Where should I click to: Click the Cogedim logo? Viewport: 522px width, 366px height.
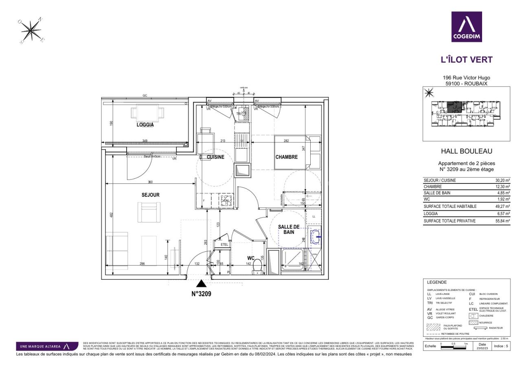click(x=466, y=27)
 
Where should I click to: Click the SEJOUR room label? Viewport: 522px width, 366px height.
click(x=150, y=195)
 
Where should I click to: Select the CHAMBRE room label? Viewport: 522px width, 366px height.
click(x=286, y=157)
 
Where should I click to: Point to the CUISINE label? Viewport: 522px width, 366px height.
click(x=215, y=157)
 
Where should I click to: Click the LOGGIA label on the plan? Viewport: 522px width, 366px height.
click(x=145, y=125)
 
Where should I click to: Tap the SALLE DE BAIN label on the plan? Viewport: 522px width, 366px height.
click(x=289, y=229)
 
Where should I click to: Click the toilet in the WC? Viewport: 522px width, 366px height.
click(x=257, y=266)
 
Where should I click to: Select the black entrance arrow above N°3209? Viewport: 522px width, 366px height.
click(x=201, y=283)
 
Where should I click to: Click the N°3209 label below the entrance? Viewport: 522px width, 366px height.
click(x=201, y=293)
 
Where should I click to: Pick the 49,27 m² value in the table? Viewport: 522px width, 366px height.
click(x=503, y=207)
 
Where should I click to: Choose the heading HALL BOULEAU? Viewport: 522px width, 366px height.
click(x=466, y=151)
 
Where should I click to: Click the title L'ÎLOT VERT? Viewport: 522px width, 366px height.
click(x=466, y=60)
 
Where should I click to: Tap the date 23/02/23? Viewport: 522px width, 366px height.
click(x=482, y=348)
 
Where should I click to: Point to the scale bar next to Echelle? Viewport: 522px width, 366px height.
click(x=454, y=347)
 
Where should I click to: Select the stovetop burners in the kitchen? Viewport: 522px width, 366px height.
click(x=225, y=200)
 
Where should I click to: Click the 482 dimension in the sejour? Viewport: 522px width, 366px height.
click(x=112, y=214)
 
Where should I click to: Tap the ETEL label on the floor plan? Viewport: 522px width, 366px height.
click(x=224, y=245)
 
